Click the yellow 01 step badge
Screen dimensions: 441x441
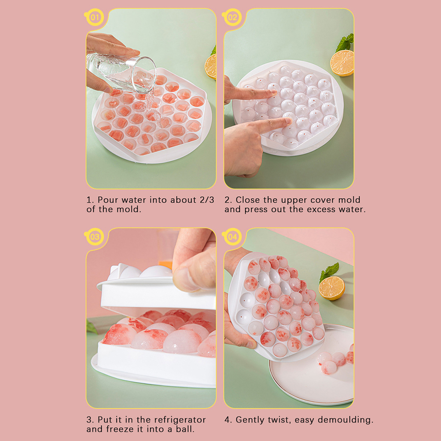coord(95,18)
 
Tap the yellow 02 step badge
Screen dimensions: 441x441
coord(232,18)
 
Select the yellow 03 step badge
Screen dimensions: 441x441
coord(95,237)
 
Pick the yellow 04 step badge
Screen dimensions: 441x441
coord(232,237)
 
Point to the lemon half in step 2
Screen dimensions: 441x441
coord(342,63)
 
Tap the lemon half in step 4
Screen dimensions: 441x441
coord(332,288)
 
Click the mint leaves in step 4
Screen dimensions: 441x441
coord(329,271)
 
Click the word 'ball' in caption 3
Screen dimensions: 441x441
coord(186,429)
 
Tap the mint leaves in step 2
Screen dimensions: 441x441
coord(346,42)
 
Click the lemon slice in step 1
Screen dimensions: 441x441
coord(210,66)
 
